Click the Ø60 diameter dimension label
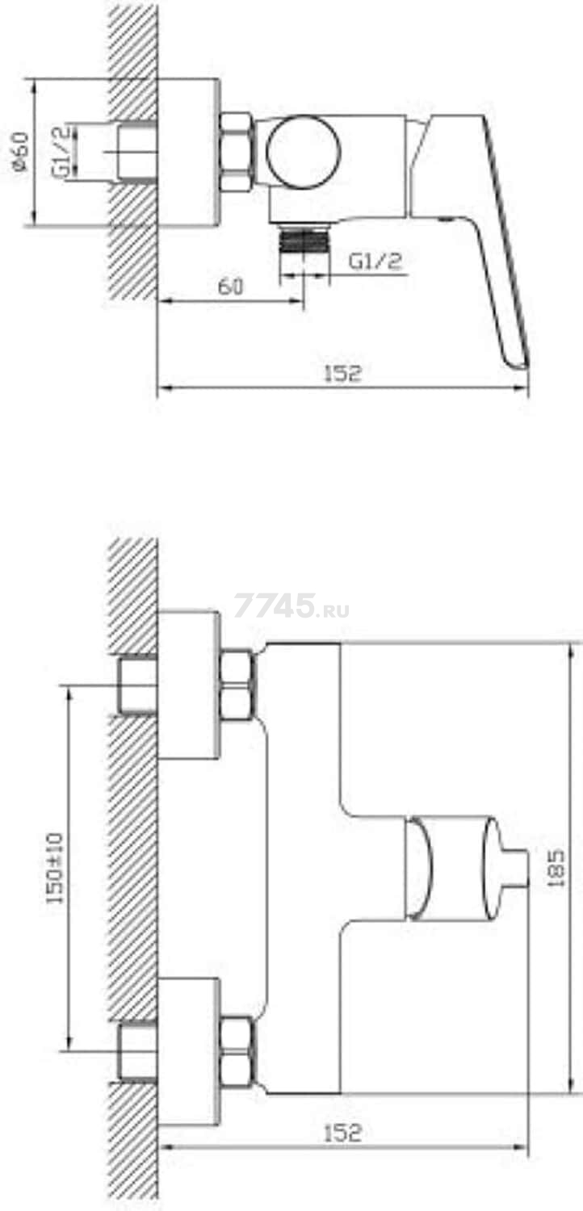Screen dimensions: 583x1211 20,153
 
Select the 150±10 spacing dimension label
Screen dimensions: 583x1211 55,868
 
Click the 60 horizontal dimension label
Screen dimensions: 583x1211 230,286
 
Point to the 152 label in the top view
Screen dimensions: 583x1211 342,374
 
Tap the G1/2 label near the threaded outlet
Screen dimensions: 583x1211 375,262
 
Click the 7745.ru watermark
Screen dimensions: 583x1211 291,606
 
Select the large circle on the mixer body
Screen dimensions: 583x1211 304,152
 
